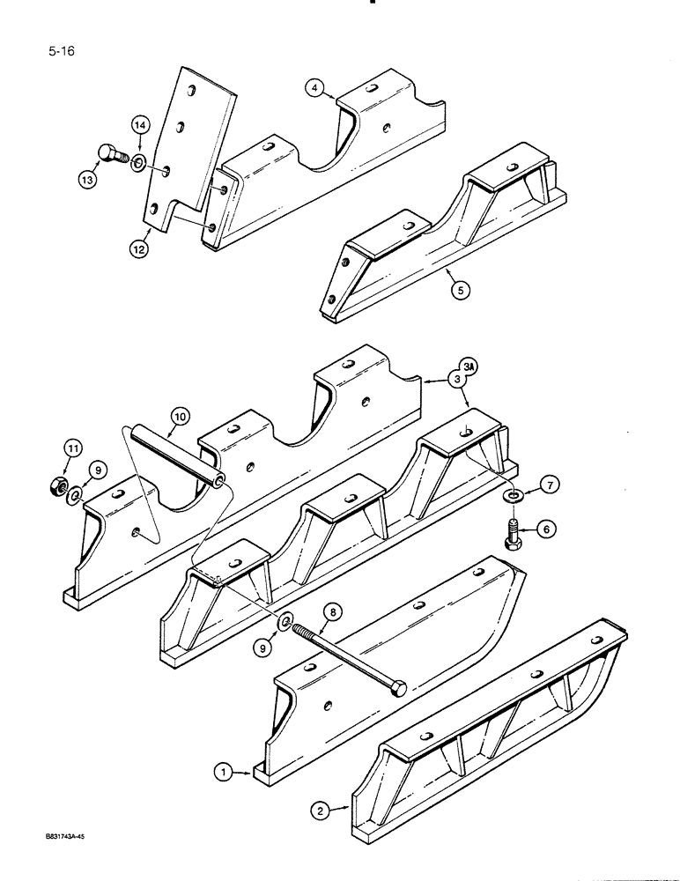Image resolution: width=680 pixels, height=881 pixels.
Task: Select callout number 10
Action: click(x=180, y=415)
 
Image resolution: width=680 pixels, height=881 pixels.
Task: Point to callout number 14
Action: click(x=141, y=127)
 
